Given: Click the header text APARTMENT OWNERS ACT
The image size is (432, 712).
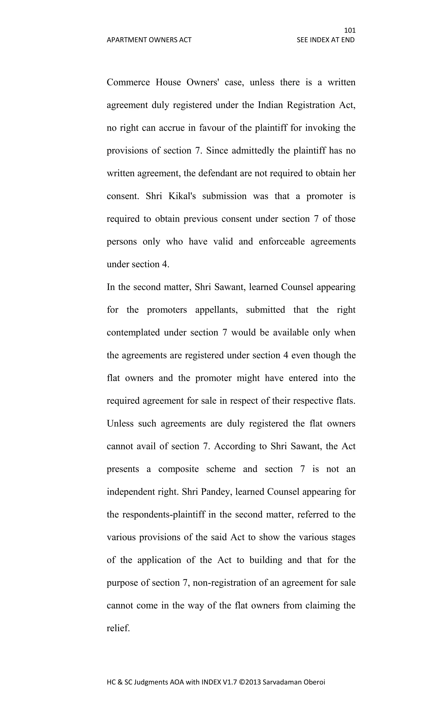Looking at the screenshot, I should (x=149, y=40).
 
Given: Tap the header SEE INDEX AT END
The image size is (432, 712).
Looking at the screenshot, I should (x=325, y=40).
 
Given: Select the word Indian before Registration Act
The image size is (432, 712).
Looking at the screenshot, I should (x=270, y=105).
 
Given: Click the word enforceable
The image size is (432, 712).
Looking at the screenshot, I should (x=282, y=241).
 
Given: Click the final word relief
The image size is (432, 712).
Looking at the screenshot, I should (x=118, y=628).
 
